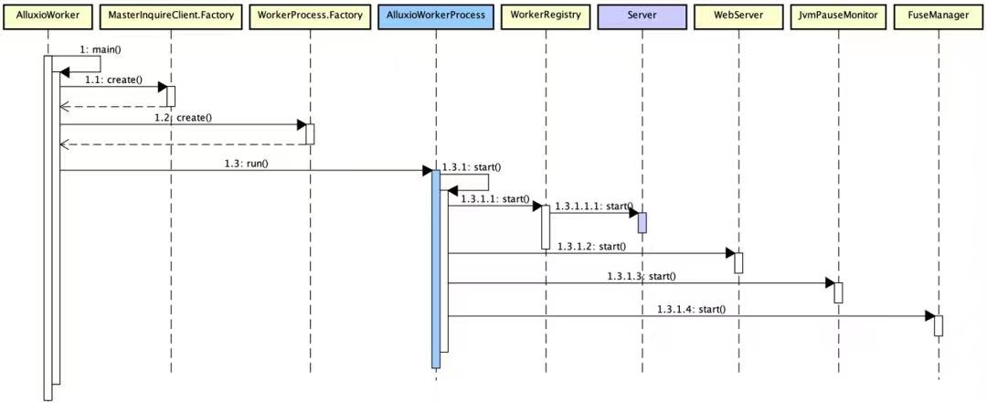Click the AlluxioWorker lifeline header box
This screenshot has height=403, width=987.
click(48, 15)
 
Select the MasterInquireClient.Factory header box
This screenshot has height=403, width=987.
click(171, 15)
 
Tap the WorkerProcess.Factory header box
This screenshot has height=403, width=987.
click(310, 15)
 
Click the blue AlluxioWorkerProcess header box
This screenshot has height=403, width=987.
click(436, 15)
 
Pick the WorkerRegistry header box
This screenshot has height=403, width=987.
click(546, 15)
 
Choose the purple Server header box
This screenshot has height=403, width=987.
click(642, 15)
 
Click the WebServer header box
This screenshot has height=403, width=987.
click(739, 15)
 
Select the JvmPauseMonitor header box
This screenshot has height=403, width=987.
click(838, 15)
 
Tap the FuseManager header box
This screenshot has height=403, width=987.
click(939, 15)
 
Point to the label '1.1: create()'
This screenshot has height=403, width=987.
click(114, 80)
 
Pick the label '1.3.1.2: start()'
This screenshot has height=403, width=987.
click(591, 246)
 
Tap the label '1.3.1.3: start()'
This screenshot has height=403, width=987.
click(642, 276)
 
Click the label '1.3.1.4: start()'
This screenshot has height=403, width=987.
click(691, 309)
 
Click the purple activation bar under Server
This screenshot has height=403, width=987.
click(642, 222)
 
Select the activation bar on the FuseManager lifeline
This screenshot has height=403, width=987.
click(939, 325)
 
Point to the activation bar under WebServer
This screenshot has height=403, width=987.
click(739, 262)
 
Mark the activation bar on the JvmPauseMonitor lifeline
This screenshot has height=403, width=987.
click(838, 292)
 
